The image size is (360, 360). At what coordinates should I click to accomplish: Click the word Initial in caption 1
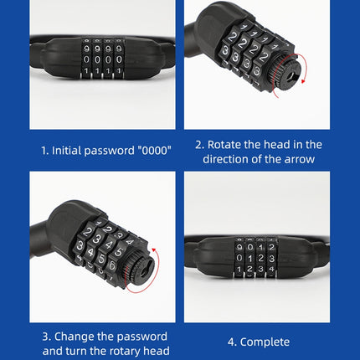(x=69, y=151)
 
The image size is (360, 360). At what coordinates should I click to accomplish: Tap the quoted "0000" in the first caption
(x=150, y=151)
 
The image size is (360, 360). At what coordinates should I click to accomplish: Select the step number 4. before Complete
(x=232, y=342)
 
